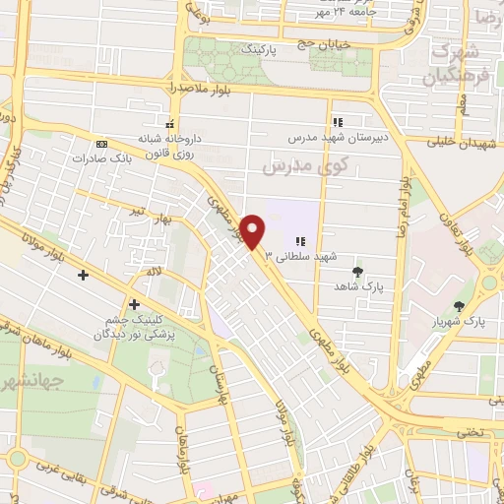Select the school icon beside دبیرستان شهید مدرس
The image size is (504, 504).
coord(338,123)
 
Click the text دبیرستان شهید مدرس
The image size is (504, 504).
coord(338,139)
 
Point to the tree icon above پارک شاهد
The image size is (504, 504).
coord(356,272)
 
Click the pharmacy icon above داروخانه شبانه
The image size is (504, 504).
coord(170,125)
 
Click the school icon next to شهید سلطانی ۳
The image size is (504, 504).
coord(301,240)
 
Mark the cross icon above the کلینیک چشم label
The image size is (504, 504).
coord(134,304)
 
